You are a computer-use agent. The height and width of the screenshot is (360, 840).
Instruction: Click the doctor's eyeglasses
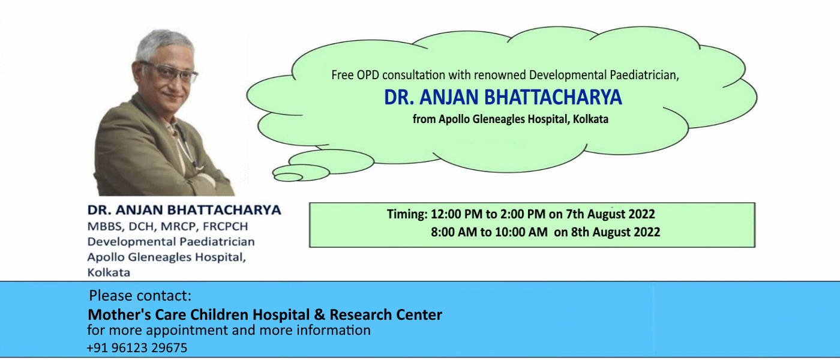[x=169, y=72]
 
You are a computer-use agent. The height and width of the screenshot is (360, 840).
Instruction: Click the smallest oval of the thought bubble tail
[x=288, y=177]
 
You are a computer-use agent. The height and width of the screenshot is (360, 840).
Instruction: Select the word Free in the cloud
[x=342, y=75]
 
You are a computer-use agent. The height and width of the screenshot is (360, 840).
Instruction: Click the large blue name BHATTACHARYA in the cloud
[x=553, y=97]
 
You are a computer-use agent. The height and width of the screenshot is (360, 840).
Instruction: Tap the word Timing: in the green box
[x=407, y=215]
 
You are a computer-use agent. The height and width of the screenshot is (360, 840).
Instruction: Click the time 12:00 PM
[x=457, y=214]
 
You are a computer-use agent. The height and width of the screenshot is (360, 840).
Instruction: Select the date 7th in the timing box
[x=575, y=214]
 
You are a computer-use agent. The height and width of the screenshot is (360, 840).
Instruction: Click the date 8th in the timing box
[x=580, y=232]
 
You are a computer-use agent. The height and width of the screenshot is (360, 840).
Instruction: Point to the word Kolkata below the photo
[x=109, y=272]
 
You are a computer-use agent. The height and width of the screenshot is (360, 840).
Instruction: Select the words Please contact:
[x=140, y=296]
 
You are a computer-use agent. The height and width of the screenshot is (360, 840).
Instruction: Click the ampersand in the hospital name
[x=319, y=314]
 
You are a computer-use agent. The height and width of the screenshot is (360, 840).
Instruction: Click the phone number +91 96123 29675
[x=137, y=347]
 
